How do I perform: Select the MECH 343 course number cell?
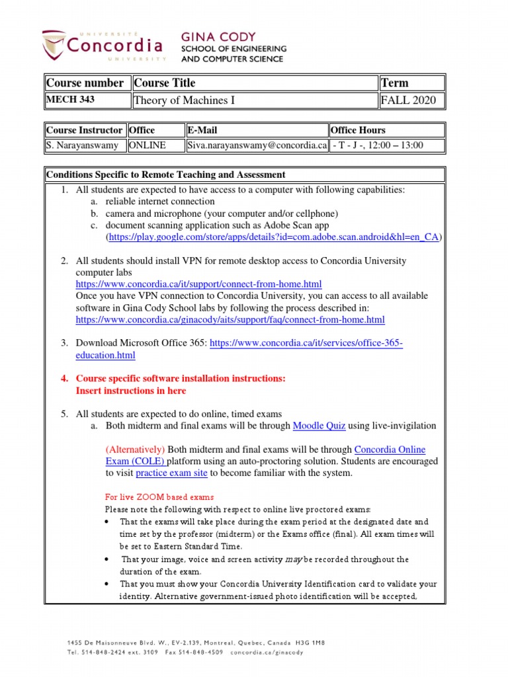pyautogui.click(x=86, y=100)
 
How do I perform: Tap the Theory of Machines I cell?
pyautogui.click(x=254, y=100)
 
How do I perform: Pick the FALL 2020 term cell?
pyautogui.click(x=411, y=100)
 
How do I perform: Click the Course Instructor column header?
pyautogui.click(x=85, y=130)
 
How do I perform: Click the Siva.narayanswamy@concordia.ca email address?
pyautogui.click(x=257, y=145)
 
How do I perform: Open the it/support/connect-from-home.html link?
pyautogui.click(x=198, y=284)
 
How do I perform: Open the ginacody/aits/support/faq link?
pyautogui.click(x=230, y=320)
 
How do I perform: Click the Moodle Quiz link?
pyautogui.click(x=319, y=426)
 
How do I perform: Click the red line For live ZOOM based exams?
pyautogui.click(x=159, y=497)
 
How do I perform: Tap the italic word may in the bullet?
pyautogui.click(x=294, y=559)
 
